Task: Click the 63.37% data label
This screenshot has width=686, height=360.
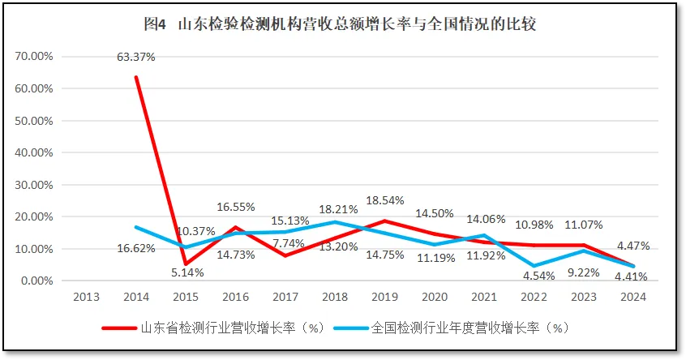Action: click(x=136, y=57)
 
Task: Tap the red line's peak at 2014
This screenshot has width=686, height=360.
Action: click(x=135, y=77)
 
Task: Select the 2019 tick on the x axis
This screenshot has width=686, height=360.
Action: click(x=384, y=296)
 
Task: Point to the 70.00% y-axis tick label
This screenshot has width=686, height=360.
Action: click(x=33, y=56)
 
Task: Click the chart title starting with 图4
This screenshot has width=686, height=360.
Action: click(x=340, y=24)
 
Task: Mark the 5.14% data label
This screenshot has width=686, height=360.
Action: click(x=187, y=272)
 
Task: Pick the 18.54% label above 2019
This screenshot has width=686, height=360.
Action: click(x=384, y=199)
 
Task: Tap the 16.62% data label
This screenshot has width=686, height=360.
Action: click(x=135, y=248)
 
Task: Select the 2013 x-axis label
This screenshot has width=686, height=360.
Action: click(x=86, y=296)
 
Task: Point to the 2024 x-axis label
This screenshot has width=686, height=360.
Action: click(x=632, y=296)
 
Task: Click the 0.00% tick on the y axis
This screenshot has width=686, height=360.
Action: click(x=36, y=281)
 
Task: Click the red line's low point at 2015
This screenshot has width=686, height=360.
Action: click(x=186, y=264)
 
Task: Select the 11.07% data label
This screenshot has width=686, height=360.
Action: click(x=582, y=225)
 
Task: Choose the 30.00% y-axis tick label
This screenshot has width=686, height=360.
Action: click(x=33, y=184)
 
